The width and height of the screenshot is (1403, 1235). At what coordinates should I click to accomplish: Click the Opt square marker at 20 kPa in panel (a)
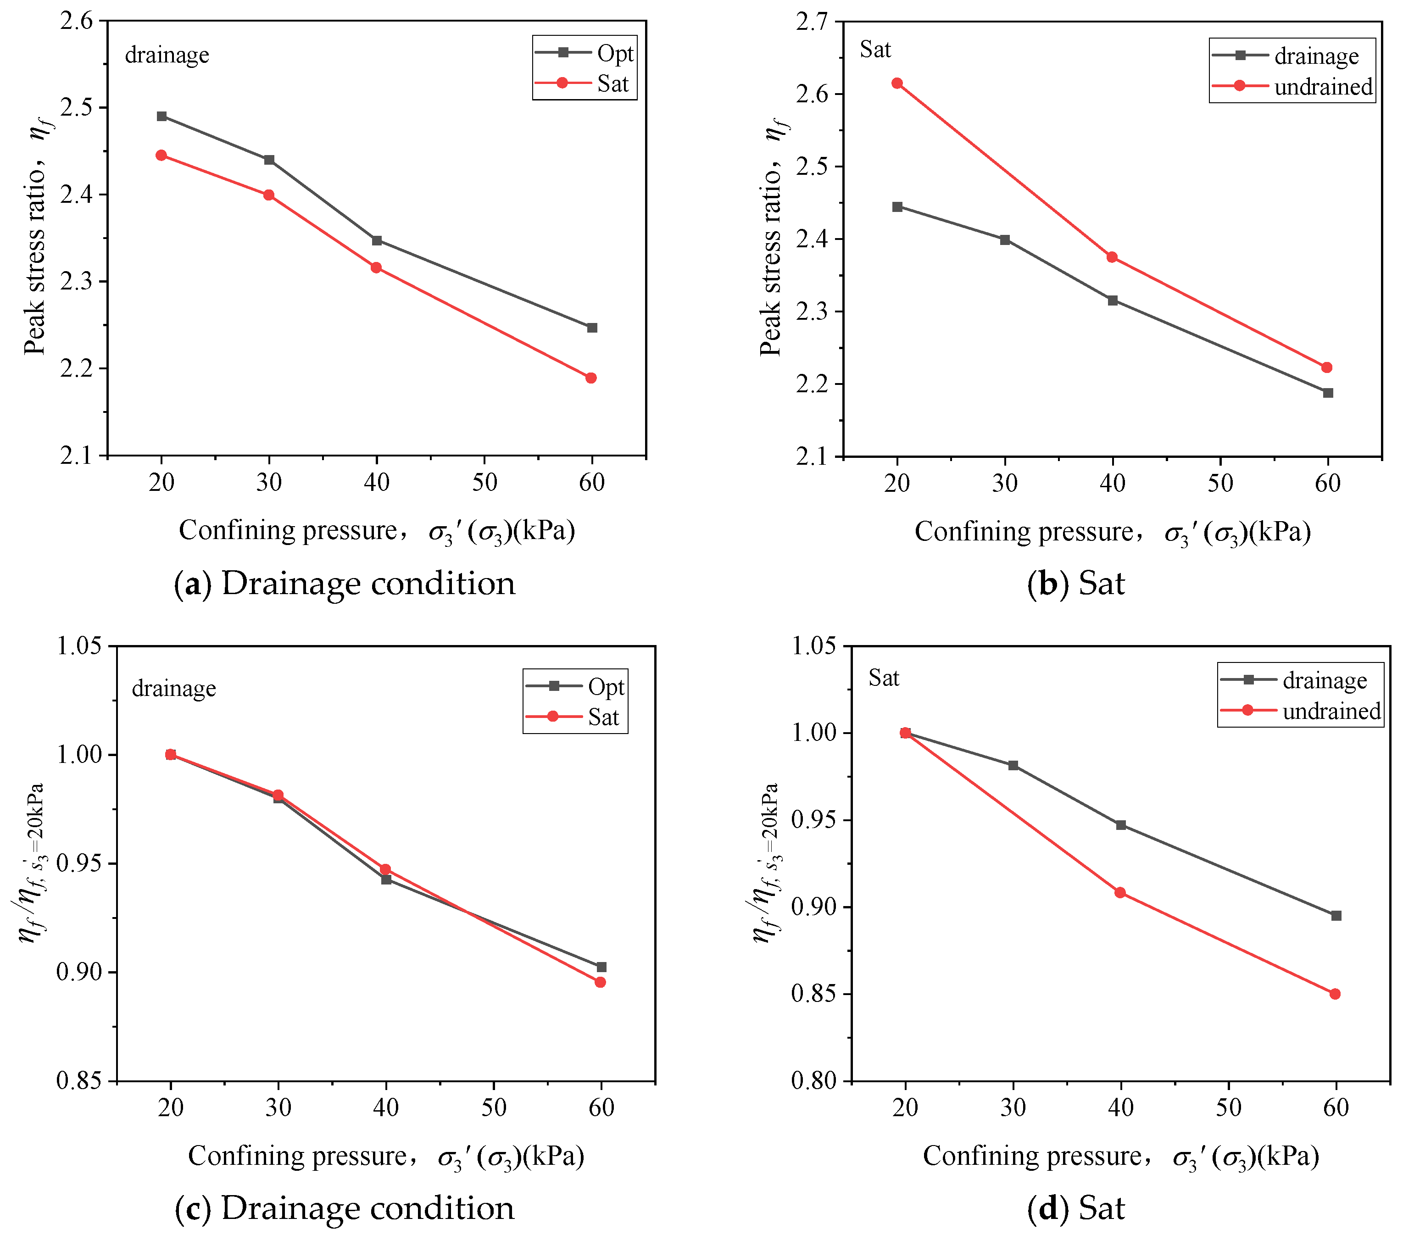click(162, 116)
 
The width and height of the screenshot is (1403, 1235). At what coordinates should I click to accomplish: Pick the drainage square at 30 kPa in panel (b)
click(1005, 239)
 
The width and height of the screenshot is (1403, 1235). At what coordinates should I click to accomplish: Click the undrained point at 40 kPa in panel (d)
click(1120, 892)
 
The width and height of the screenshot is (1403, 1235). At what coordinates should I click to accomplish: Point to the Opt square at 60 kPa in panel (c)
click(601, 967)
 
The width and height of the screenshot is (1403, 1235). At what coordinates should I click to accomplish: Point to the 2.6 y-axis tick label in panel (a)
click(77, 21)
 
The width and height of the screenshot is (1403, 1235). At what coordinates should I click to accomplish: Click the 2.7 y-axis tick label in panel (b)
click(813, 22)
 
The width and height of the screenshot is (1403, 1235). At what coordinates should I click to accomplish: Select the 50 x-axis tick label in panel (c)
click(494, 1107)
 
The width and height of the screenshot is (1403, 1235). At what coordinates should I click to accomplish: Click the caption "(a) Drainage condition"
click(345, 584)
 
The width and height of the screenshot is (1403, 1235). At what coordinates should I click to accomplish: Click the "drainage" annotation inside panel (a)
click(167, 55)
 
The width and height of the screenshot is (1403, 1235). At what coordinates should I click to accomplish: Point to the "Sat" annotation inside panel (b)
click(875, 50)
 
